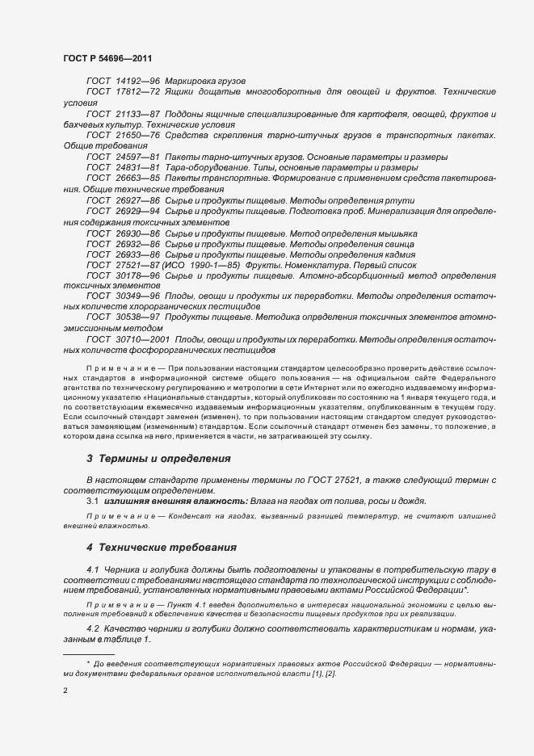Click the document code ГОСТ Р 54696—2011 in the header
(x=107, y=60)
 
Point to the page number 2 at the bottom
(x=65, y=691)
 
